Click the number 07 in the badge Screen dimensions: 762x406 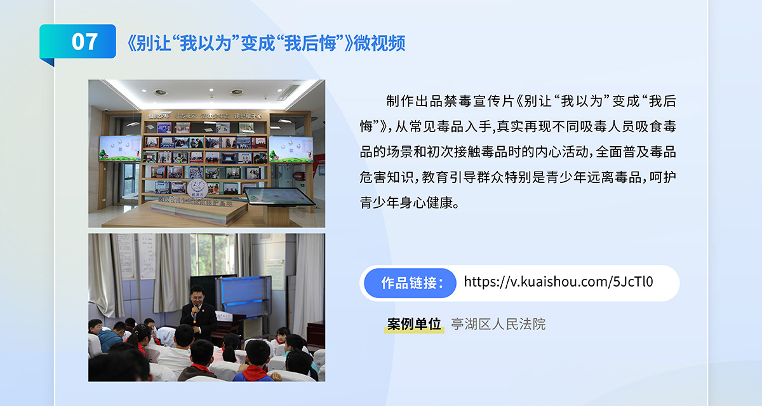(84, 42)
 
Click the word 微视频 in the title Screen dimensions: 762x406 (380, 43)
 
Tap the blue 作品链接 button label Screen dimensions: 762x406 (410, 283)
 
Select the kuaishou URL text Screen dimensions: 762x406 (558, 281)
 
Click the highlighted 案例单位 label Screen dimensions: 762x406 (414, 324)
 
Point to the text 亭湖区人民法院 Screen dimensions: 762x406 (498, 324)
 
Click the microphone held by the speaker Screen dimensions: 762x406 (196, 315)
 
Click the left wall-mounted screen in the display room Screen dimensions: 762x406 (121, 148)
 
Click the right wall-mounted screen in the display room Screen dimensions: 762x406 (291, 149)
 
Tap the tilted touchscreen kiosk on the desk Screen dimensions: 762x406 (278, 196)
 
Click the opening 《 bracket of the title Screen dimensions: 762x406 (131, 43)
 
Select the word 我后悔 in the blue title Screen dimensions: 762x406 (311, 43)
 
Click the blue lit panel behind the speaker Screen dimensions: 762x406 (243, 295)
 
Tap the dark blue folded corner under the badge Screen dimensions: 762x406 (47, 62)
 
